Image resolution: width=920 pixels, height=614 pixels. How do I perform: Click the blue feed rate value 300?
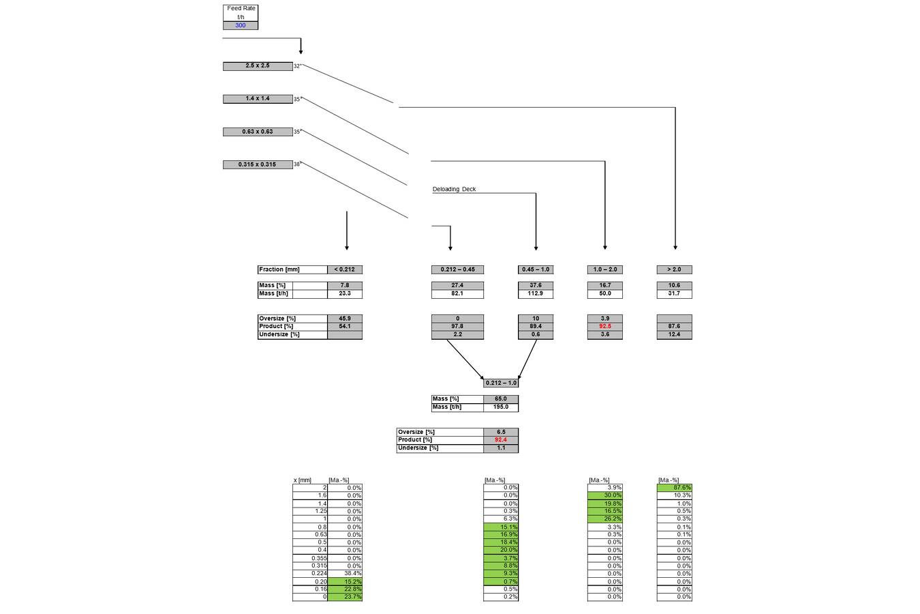point(241,26)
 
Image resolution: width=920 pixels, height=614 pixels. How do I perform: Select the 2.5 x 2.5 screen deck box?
point(258,66)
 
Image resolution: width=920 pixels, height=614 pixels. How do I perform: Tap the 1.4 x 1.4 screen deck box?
point(258,99)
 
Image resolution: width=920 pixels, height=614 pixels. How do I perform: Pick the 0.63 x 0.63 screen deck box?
point(258,132)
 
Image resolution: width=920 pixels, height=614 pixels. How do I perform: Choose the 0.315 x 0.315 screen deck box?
point(258,164)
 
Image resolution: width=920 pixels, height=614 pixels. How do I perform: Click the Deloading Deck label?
point(454,190)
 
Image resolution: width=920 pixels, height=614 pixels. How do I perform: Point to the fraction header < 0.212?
point(345,269)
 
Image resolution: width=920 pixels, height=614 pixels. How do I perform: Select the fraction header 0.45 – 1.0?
point(536,269)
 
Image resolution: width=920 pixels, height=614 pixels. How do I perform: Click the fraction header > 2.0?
point(674,269)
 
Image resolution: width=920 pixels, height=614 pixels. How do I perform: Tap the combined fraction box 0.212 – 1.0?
point(501,383)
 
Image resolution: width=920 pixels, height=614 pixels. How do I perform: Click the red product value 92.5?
point(605,326)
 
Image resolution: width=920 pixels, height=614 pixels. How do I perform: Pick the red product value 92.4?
point(501,440)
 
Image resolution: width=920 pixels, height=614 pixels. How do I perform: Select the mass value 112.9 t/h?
point(536,294)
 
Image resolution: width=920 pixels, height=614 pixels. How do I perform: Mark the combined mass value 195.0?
point(501,407)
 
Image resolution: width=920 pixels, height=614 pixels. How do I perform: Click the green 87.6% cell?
point(675,488)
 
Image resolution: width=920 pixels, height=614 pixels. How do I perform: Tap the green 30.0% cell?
point(605,495)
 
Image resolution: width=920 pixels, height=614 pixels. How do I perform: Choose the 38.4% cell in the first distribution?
point(345,574)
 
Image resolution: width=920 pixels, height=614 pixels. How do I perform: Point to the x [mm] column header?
point(302,480)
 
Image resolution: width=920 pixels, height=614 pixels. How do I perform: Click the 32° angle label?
point(297,66)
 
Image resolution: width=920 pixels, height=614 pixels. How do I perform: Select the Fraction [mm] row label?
point(279,269)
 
